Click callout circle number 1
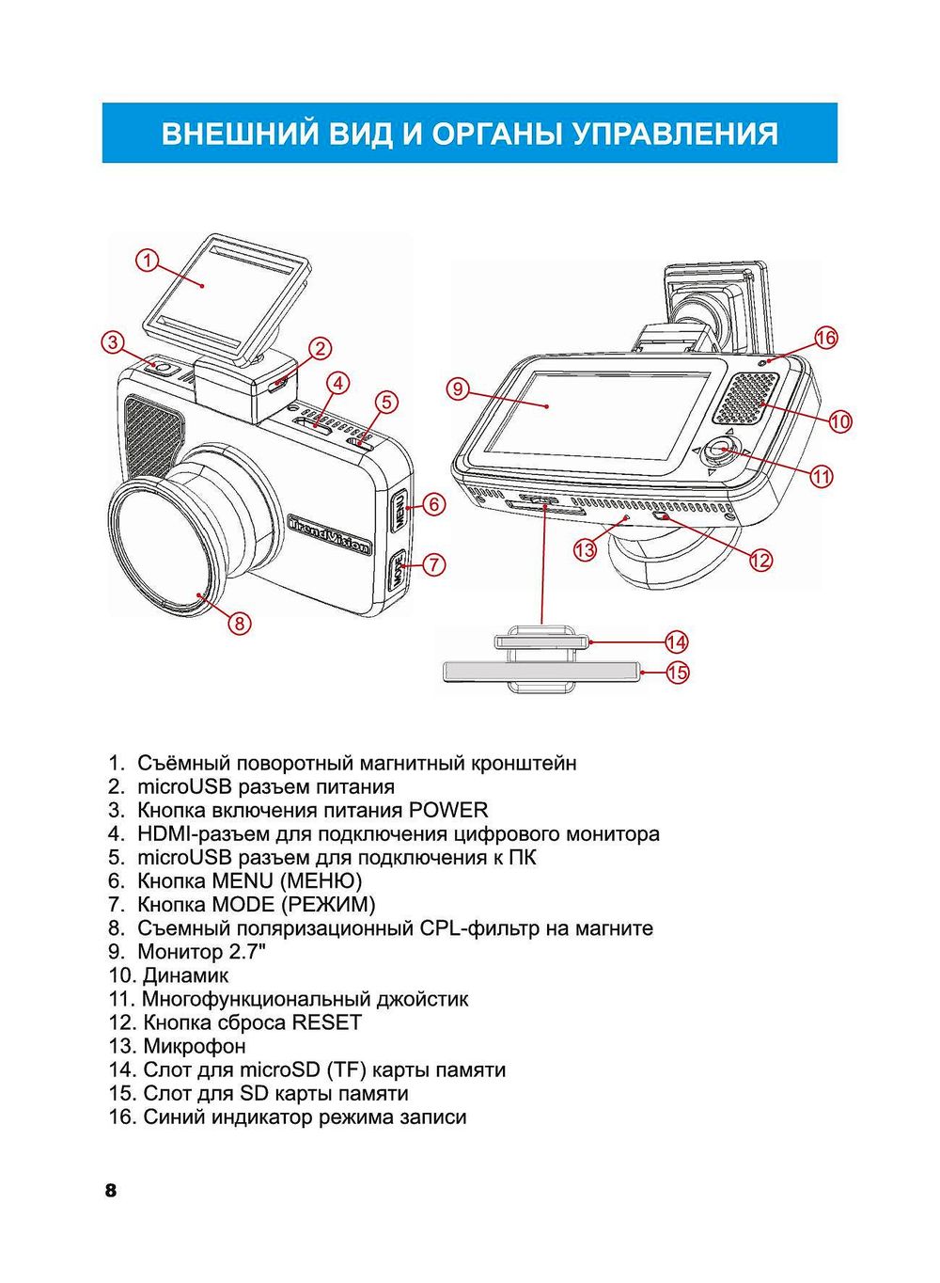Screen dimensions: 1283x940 (x=147, y=260)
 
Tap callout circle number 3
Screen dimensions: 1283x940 (x=113, y=341)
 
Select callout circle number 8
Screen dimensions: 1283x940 (x=240, y=622)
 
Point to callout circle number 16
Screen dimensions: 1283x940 (x=825, y=338)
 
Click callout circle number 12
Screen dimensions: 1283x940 (x=760, y=560)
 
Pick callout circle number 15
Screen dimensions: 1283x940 (x=677, y=672)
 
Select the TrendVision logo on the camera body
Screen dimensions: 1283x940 (x=328, y=533)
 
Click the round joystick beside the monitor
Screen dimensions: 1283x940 (x=720, y=451)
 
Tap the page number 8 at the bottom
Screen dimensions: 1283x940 (x=111, y=1191)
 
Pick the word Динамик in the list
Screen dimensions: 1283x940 (x=185, y=975)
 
